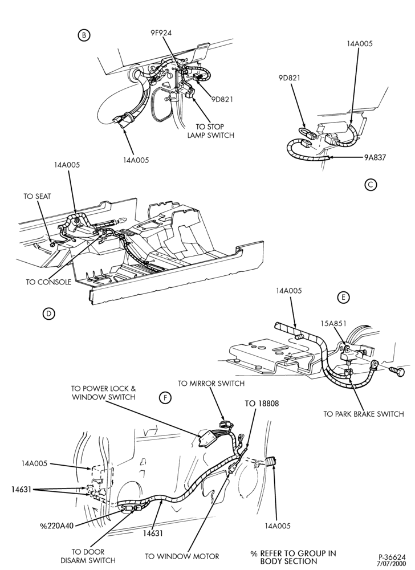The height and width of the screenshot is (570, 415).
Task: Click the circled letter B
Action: coord(84,35)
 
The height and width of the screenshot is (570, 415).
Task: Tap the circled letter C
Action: coord(371,185)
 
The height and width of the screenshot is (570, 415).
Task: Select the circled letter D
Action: coord(48,313)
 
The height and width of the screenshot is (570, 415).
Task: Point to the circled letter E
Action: coord(343,298)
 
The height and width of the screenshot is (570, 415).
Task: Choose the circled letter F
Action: coord(165,398)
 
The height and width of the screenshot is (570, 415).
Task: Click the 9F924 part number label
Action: coord(161,32)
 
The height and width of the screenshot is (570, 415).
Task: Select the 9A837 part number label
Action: coord(375,157)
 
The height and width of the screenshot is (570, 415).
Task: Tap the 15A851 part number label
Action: coord(333,323)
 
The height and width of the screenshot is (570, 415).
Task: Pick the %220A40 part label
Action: coord(57,526)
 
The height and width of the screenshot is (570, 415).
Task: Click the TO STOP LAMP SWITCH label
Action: coord(210,131)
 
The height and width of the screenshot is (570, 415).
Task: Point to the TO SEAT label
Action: coord(38,196)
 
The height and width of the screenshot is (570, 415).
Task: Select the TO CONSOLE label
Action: coord(48,282)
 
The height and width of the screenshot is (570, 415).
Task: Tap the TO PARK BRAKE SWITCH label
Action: coord(363,414)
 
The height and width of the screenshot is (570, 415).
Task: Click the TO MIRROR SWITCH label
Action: coord(211,383)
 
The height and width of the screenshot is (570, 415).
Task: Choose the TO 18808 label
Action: coord(262,404)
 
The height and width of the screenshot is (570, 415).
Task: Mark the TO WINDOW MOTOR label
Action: coord(182,556)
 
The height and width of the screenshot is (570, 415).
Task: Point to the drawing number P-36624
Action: coord(392,557)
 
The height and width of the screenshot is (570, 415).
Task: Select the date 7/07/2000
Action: coord(392,563)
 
